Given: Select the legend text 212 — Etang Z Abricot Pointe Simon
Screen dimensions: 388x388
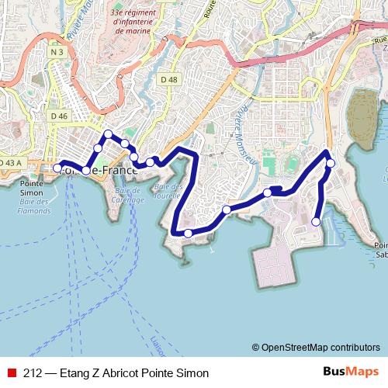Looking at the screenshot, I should tap(116, 373).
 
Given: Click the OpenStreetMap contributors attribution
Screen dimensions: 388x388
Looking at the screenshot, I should tap(320, 348).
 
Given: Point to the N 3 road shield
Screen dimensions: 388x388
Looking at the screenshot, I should tap(55, 52).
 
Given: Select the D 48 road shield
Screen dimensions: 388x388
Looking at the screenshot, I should tap(168, 79).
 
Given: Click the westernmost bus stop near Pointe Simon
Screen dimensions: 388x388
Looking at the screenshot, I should tap(57, 167).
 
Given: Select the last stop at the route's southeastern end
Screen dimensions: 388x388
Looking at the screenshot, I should tap(316, 222).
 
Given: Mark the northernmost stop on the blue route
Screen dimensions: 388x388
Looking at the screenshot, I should tap(109, 133).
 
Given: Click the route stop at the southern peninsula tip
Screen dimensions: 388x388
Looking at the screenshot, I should tap(189, 233).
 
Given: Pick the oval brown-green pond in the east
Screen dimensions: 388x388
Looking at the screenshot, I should tap(361, 116).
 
